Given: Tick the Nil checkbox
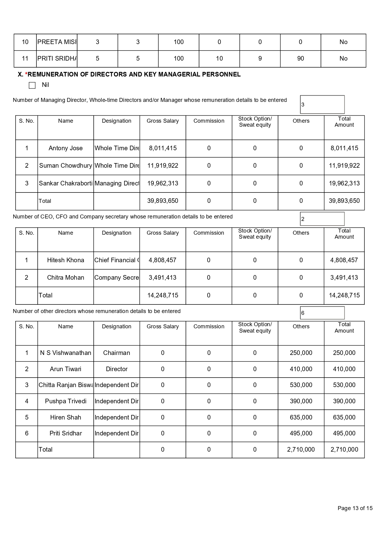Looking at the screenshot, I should point(32,85).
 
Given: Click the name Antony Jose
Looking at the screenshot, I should point(66,148).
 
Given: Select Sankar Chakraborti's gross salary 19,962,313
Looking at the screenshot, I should point(163,184).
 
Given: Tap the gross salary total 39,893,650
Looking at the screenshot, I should point(163,201).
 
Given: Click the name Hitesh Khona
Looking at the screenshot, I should point(66,260).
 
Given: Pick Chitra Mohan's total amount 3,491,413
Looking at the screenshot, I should point(344,278).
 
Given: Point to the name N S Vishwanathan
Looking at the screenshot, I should point(66,353).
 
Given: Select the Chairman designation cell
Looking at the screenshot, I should point(117,353).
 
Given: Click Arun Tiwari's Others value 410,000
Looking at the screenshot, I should point(301,369).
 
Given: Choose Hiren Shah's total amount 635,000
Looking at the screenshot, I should point(344,418).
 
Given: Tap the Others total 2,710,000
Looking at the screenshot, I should point(301,450).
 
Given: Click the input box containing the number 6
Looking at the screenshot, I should point(322,313).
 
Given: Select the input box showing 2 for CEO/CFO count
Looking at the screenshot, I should point(322,219).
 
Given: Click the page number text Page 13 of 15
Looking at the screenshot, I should point(355,508).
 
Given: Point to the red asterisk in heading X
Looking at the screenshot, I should point(26,74).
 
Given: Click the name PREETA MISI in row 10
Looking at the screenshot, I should point(57,42).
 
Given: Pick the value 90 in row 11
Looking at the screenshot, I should point(300,59).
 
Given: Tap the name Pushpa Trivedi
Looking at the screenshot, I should point(66,401).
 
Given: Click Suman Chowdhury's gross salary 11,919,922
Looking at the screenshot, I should point(163,166).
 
